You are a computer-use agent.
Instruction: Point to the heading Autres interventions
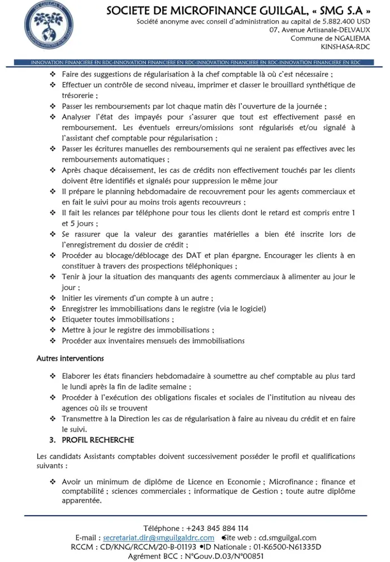point(70,359)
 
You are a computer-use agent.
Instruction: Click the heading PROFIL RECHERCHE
point(98,440)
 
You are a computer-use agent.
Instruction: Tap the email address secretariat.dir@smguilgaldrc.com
point(159,538)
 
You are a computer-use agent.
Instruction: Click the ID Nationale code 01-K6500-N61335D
point(282,547)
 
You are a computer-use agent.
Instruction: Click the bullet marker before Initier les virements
point(53,298)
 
